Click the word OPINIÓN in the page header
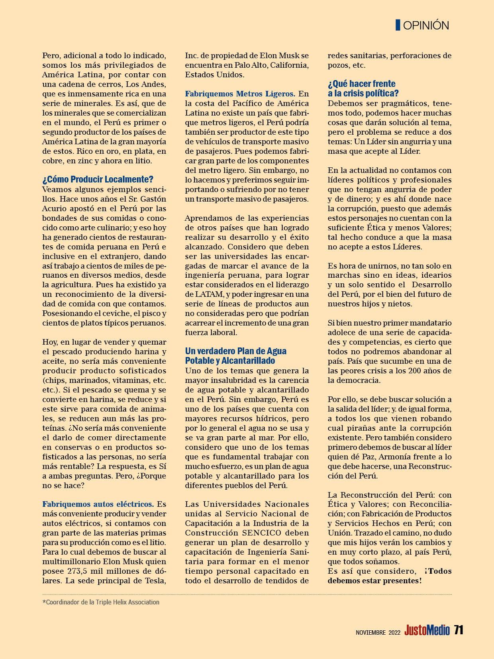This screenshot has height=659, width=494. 426,25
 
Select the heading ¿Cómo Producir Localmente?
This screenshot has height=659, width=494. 98,180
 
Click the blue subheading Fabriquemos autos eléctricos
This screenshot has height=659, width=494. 98,504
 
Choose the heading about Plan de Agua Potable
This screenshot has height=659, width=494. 235,356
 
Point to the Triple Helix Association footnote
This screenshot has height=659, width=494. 101,602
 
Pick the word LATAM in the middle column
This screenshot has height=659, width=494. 200,294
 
